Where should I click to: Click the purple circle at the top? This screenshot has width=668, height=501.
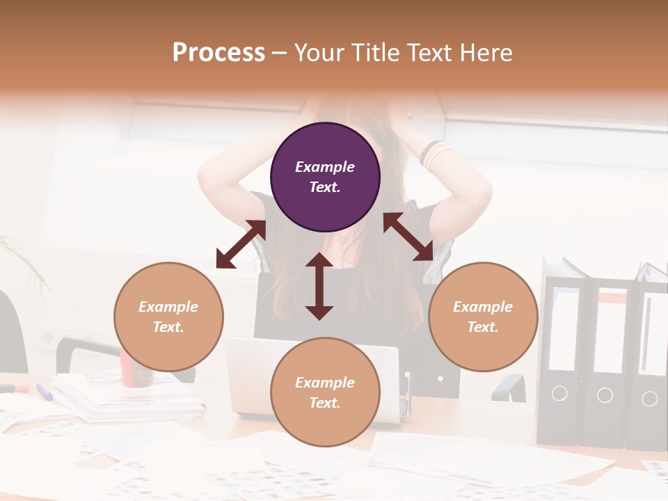tap(325, 177)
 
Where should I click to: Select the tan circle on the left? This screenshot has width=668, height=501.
tap(168, 317)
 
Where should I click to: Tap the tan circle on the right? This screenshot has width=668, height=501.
tap(483, 317)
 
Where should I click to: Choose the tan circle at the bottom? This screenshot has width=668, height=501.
tap(325, 392)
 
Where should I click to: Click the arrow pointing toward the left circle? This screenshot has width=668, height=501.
tap(241, 244)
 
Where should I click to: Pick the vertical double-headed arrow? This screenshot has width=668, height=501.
tap(319, 286)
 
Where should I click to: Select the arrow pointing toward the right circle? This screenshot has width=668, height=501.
tap(408, 237)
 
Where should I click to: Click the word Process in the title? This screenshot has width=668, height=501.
tap(218, 52)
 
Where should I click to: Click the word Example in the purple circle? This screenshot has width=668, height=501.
tap(325, 167)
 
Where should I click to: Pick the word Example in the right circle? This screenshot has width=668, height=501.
tap(483, 307)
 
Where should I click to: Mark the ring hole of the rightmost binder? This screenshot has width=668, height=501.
tap(649, 399)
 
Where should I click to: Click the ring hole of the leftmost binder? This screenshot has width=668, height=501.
tap(559, 394)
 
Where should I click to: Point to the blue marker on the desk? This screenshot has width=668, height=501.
tap(45, 391)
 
